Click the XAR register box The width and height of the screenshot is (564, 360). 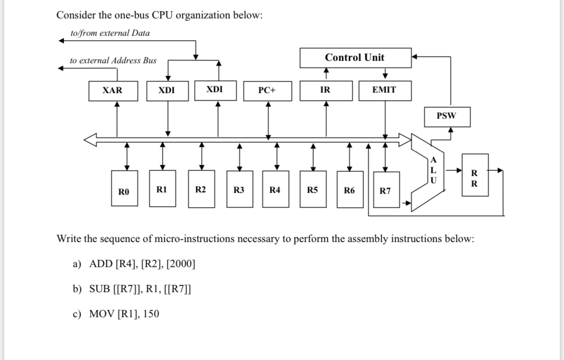pyautogui.click(x=113, y=91)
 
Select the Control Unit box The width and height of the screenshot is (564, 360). pyautogui.click(x=355, y=58)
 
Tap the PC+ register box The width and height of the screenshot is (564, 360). pyautogui.click(x=268, y=91)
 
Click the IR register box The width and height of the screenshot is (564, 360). pyautogui.click(x=325, y=91)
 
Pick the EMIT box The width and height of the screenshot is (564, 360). pyautogui.click(x=385, y=91)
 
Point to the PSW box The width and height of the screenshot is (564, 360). pyautogui.click(x=446, y=116)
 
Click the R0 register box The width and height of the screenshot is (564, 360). pyautogui.click(x=124, y=190)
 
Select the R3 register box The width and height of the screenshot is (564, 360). pyautogui.click(x=239, y=189)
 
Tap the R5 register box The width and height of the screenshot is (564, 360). pyautogui.click(x=312, y=189)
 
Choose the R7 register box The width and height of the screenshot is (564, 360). pyautogui.click(x=386, y=190)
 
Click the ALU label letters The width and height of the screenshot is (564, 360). pyautogui.click(x=433, y=170)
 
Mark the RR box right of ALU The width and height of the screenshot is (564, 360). pyautogui.click(x=475, y=175)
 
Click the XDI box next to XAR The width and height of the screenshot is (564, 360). pyautogui.click(x=167, y=91)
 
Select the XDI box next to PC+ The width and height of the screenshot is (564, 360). pyautogui.click(x=215, y=90)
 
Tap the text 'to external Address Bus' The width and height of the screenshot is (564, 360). pyautogui.click(x=113, y=61)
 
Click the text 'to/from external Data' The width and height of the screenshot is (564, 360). pyautogui.click(x=110, y=33)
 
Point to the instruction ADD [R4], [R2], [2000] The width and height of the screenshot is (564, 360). pyautogui.click(x=142, y=264)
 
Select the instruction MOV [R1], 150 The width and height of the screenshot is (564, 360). pyautogui.click(x=124, y=314)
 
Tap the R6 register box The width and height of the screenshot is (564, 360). pyautogui.click(x=349, y=190)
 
